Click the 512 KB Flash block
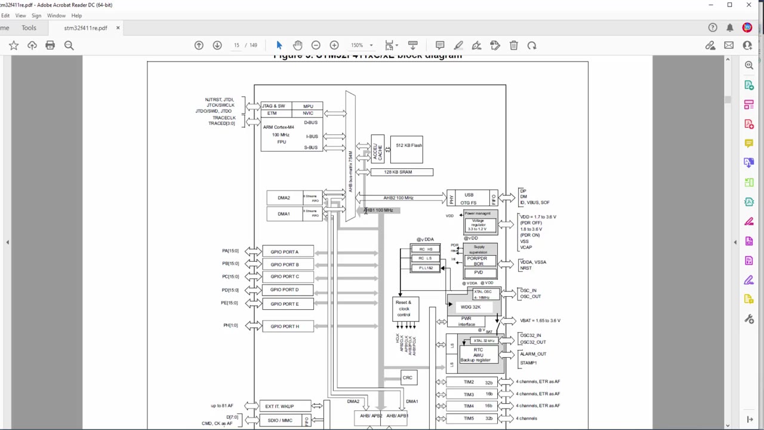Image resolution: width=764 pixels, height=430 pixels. tap(408, 146)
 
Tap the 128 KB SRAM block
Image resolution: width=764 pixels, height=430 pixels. tap(401, 172)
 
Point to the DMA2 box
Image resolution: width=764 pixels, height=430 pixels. tap(284, 198)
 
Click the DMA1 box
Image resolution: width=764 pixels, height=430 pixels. tap(284, 214)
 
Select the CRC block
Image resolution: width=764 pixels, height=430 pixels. tap(408, 377)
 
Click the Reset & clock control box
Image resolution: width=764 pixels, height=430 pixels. tap(405, 308)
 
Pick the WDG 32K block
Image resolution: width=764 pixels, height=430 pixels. tap(471, 307)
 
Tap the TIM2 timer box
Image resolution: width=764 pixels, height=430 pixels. tap(469, 382)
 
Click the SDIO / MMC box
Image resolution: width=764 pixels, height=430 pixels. tap(280, 420)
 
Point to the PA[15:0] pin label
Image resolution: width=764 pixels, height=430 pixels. tap(230, 251)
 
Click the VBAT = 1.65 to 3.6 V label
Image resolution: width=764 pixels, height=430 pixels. tap(540, 321)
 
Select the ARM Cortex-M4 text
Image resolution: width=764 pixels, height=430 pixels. tap(278, 127)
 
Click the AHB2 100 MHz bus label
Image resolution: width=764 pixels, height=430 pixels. tap(398, 198)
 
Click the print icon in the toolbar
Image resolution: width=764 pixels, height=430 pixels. tap(50, 45)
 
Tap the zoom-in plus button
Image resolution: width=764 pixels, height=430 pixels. tap(334, 45)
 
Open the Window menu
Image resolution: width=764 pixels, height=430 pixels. tap(56, 16)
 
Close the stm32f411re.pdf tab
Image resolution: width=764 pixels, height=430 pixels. tap(118, 28)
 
